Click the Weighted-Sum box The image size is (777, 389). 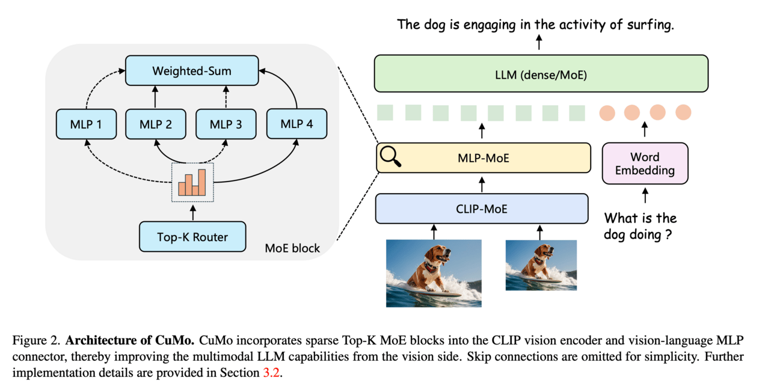(x=191, y=71)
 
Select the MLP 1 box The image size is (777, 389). (x=86, y=124)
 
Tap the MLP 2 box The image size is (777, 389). (x=156, y=124)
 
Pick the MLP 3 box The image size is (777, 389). (x=226, y=124)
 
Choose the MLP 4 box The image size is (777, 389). (x=296, y=124)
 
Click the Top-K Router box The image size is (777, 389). (x=192, y=237)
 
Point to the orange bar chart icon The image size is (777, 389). (x=193, y=182)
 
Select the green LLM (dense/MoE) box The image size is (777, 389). (x=541, y=74)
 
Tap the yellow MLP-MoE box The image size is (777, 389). (x=484, y=158)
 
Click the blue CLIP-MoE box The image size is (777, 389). (x=481, y=209)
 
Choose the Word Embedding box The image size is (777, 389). (x=645, y=164)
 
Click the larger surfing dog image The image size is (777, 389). (x=434, y=273)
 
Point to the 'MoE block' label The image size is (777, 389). (x=292, y=248)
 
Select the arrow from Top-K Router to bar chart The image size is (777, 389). (x=193, y=212)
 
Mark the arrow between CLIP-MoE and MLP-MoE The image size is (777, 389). (x=481, y=183)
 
